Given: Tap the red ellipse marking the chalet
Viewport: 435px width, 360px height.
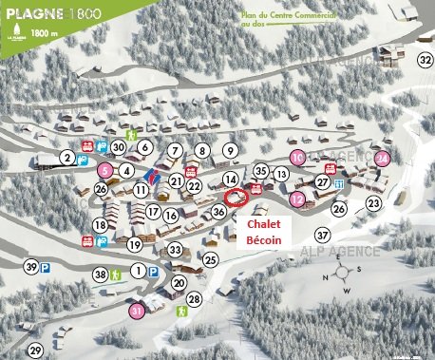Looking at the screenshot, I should tap(237, 198).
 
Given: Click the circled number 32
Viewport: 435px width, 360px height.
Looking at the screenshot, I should tap(424, 60).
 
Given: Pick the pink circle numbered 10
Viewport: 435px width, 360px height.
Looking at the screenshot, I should tap(297, 157).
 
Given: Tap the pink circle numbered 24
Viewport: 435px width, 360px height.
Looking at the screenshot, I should tap(382, 158).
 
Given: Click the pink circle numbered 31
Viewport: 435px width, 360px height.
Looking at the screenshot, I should tap(137, 309).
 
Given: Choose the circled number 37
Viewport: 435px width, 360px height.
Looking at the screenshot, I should tap(323, 235).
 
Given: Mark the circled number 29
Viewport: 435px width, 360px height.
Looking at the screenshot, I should tap(36, 351).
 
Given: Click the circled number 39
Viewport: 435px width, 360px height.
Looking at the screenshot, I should tap(32, 268).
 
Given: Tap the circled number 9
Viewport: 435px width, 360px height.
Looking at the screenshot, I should tap(230, 150).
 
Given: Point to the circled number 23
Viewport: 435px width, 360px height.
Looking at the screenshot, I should tap(373, 202).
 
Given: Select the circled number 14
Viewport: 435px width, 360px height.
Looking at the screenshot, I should tap(230, 179).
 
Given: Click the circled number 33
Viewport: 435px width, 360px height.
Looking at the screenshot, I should tap(175, 250).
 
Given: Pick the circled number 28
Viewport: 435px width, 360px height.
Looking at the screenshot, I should tap(195, 300).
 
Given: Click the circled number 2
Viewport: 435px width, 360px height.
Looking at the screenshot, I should tap(67, 157).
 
